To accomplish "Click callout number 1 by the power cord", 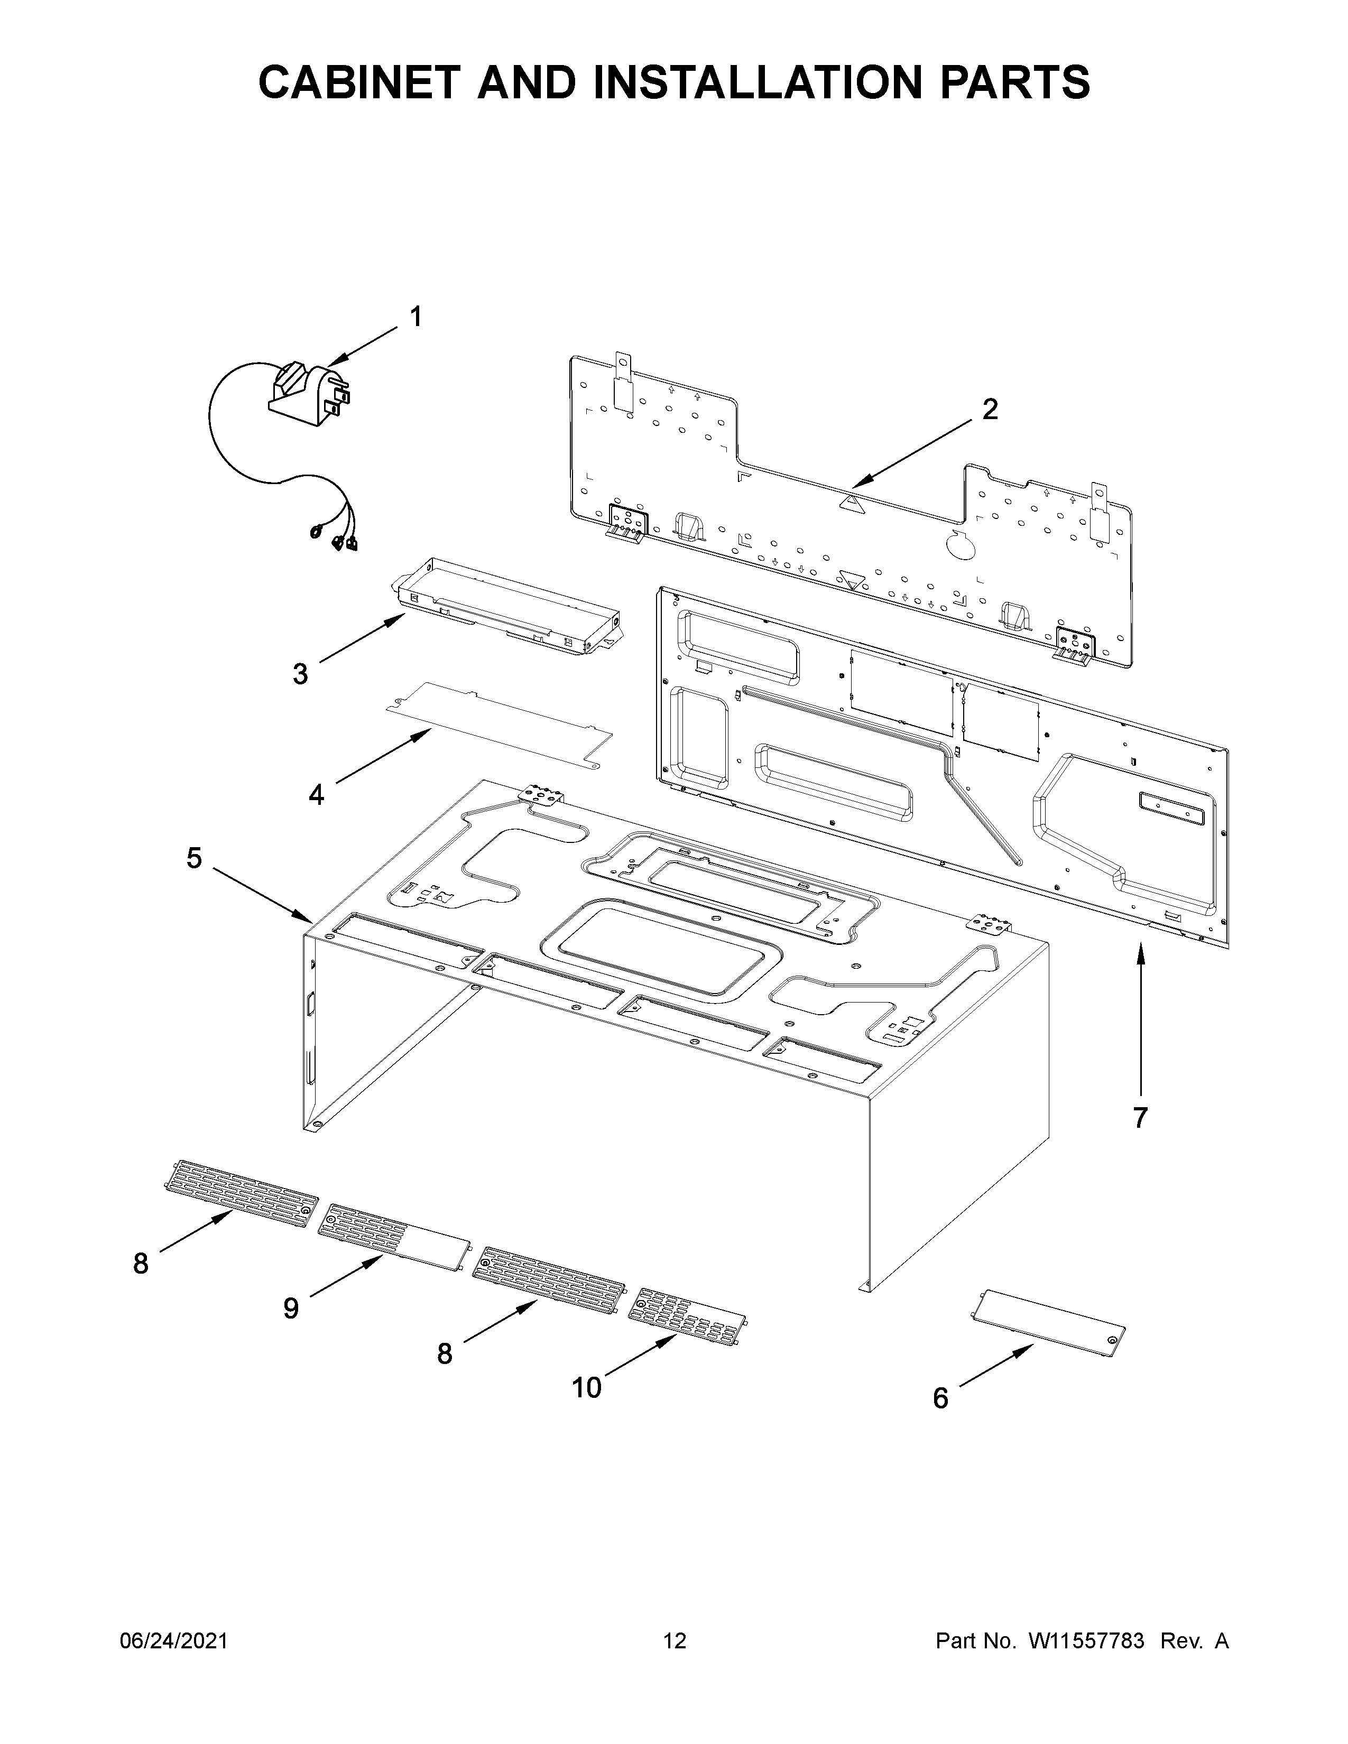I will (416, 318).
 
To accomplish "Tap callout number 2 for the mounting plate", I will (990, 410).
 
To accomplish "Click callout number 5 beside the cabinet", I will (194, 858).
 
